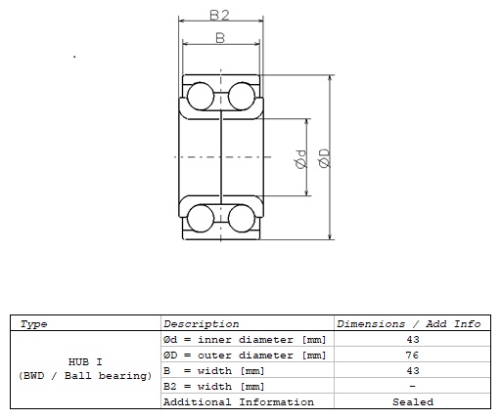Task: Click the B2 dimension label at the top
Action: (219, 15)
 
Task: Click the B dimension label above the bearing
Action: (220, 38)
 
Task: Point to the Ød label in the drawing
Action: (301, 159)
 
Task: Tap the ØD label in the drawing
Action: (325, 158)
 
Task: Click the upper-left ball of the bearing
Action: (201, 96)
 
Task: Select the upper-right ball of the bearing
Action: (242, 96)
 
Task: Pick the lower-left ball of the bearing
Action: (201, 219)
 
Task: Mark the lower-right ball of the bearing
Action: (242, 219)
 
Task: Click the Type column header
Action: (33, 324)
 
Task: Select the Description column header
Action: (202, 324)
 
